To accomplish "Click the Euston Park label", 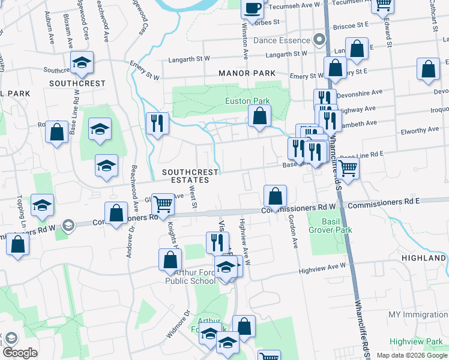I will click(247, 101).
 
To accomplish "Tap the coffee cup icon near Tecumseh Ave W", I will click(253, 8).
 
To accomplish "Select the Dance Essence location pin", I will click(319, 40).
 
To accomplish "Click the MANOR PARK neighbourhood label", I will click(247, 73).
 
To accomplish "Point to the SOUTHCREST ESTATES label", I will click(191, 176).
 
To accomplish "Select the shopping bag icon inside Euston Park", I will click(259, 116).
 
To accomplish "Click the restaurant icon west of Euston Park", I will click(157, 123).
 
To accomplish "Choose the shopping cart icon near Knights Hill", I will click(163, 204).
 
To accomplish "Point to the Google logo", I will click(20, 353).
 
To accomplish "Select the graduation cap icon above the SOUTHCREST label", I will click(82, 61).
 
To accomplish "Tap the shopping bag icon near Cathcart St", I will click(429, 70).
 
